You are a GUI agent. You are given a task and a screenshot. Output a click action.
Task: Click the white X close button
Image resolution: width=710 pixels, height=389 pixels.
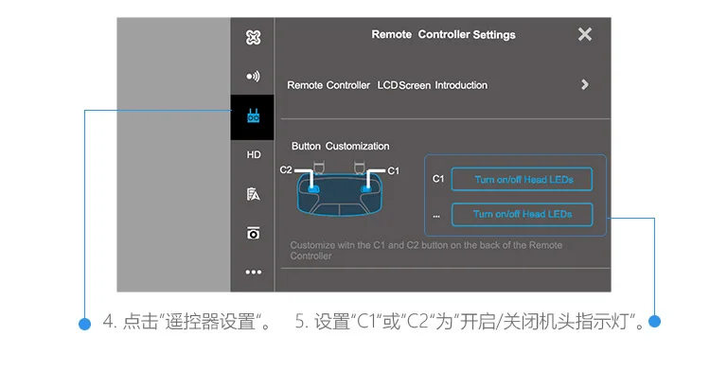[x=585, y=34]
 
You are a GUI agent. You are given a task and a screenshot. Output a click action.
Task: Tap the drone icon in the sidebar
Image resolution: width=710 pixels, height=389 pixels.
[x=253, y=37]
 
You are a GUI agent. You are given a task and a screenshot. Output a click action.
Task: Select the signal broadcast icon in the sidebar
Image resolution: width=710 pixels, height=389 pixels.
[x=253, y=76]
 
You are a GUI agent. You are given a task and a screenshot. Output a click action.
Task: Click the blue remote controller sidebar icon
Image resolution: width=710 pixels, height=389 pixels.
[x=253, y=115]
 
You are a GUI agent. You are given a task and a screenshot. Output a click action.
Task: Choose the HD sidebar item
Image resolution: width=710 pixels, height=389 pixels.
[x=254, y=155]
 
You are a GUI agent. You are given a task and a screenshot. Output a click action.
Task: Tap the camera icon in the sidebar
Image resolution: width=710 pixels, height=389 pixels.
[x=253, y=233]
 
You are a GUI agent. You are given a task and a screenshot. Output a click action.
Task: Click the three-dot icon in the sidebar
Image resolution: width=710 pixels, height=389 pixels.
[x=253, y=273]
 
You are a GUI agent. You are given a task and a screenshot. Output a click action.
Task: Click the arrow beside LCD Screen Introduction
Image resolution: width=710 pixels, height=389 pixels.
[x=585, y=84]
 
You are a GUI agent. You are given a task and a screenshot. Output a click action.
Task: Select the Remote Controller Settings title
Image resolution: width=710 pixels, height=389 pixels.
[x=443, y=35]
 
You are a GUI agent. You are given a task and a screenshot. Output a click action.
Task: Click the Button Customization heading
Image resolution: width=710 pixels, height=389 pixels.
[x=341, y=147]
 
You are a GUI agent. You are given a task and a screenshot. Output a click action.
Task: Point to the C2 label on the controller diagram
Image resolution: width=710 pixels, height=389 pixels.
[x=286, y=169]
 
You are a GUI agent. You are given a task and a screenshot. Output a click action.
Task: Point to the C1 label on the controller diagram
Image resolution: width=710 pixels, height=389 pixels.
[x=394, y=170]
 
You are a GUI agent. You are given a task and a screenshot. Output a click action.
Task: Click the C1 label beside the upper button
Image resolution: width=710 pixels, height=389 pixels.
[x=438, y=179]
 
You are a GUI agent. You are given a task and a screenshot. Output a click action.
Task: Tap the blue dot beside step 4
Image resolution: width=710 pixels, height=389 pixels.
[x=84, y=324]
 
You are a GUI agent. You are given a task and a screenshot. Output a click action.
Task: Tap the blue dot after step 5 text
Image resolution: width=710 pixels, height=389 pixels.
[x=654, y=321]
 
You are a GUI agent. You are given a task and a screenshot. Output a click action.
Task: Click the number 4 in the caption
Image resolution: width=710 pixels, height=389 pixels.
[x=108, y=322]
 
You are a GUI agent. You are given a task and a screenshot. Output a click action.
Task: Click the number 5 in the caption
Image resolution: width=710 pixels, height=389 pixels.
[x=300, y=322]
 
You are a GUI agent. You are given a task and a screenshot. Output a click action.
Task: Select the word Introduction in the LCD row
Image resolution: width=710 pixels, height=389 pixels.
[x=461, y=85]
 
